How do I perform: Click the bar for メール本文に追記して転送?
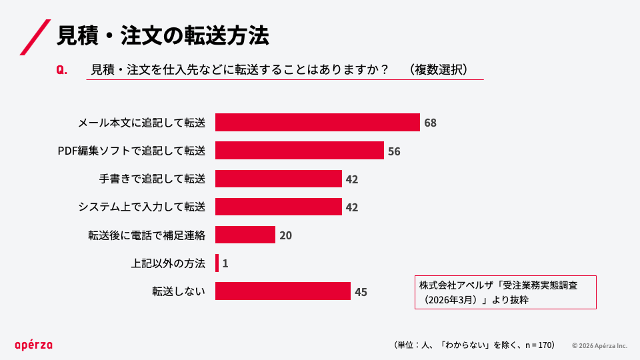click(x=317, y=123)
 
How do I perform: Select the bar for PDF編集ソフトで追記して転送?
click(x=299, y=150)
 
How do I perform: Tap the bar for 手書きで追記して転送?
click(x=279, y=179)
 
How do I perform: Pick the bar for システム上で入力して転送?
click(x=279, y=207)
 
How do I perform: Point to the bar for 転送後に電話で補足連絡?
click(x=245, y=235)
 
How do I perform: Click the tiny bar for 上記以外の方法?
click(x=217, y=263)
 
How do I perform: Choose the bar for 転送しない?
click(x=283, y=291)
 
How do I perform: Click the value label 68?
click(x=430, y=123)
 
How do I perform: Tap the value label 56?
click(x=394, y=151)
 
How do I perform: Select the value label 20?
click(x=286, y=235)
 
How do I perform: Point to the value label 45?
click(x=361, y=292)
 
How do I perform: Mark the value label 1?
click(x=225, y=264)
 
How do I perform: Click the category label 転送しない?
click(x=179, y=291)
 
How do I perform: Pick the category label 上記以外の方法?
click(x=168, y=263)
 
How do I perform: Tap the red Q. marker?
click(x=61, y=70)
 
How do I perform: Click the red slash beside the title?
click(x=35, y=37)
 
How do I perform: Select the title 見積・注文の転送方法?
click(x=163, y=35)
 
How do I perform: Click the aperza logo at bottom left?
click(x=34, y=345)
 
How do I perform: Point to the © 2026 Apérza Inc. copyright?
click(x=599, y=346)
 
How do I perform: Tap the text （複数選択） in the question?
click(x=439, y=69)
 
